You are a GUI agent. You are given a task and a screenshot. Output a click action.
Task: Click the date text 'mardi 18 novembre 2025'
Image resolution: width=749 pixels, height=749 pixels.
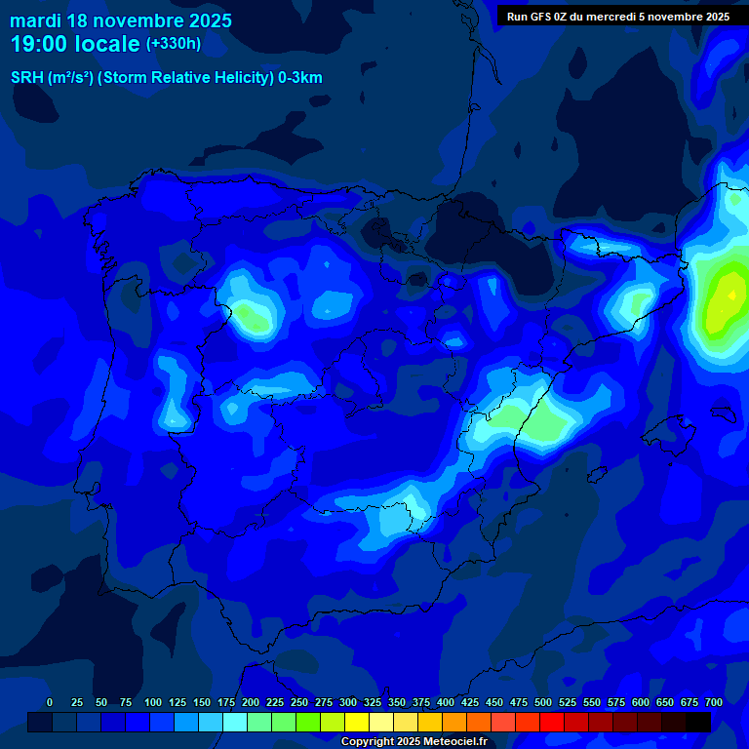click(x=121, y=20)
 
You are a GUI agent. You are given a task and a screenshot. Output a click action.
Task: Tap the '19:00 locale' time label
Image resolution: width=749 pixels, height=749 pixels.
click(x=75, y=44)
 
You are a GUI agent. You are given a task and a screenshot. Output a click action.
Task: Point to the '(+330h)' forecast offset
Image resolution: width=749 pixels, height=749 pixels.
click(x=173, y=44)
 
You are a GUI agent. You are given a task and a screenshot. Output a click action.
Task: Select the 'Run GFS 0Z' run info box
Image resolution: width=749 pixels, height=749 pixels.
click(x=618, y=17)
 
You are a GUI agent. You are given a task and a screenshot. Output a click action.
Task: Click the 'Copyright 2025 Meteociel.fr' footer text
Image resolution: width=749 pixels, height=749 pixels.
click(x=414, y=742)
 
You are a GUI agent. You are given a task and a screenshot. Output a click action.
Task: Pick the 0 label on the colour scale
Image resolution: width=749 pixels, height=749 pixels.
click(x=50, y=703)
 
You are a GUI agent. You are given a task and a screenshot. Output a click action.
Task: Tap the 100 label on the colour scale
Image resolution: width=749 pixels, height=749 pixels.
click(x=153, y=703)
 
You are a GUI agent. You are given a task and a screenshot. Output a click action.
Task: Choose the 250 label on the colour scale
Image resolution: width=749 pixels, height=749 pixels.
click(x=299, y=703)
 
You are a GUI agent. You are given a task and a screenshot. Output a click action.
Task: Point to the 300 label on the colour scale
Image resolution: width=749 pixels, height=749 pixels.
click(x=348, y=703)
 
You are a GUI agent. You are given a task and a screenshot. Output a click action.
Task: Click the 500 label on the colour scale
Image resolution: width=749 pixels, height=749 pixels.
click(x=543, y=703)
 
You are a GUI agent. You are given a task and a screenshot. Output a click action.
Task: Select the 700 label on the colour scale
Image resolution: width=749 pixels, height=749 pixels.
click(x=714, y=703)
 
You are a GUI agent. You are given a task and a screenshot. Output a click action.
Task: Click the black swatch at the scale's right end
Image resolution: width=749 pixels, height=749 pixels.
click(x=698, y=723)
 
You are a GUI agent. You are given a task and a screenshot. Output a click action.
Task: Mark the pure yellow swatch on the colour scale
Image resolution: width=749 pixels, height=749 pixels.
click(x=357, y=723)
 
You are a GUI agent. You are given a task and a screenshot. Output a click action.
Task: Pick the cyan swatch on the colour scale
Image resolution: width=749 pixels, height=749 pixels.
click(x=235, y=723)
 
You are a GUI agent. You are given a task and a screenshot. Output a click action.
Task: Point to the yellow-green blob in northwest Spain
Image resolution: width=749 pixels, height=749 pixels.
click(x=253, y=315)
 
